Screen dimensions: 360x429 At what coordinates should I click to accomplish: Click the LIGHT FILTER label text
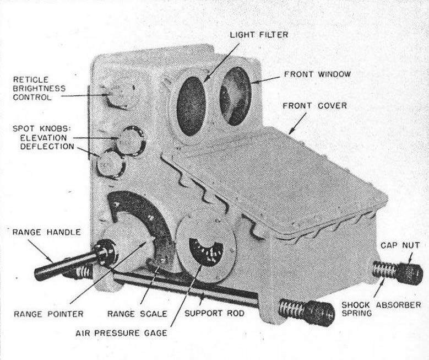coord(258,35)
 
